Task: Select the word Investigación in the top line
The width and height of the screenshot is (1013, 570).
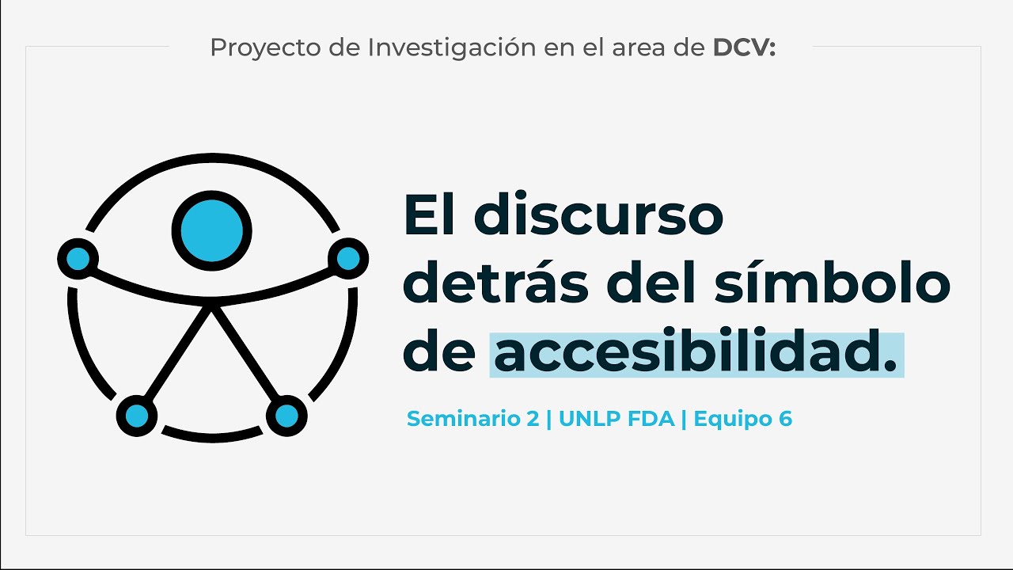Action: coord(452,48)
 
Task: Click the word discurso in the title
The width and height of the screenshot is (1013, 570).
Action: coord(599,215)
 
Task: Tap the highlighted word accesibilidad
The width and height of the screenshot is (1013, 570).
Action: coord(696,355)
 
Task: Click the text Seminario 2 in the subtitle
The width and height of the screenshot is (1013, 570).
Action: coord(472,419)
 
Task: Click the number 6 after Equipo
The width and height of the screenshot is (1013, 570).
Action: coord(785,419)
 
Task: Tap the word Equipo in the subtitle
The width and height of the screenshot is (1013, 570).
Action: coord(730,420)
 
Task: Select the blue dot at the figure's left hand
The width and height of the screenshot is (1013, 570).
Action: coord(78,258)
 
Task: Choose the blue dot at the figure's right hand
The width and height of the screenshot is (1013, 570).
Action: coord(348,258)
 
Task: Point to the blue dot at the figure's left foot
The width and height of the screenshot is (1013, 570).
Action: coord(137,416)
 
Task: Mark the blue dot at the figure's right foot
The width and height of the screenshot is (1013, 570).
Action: coord(286,416)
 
